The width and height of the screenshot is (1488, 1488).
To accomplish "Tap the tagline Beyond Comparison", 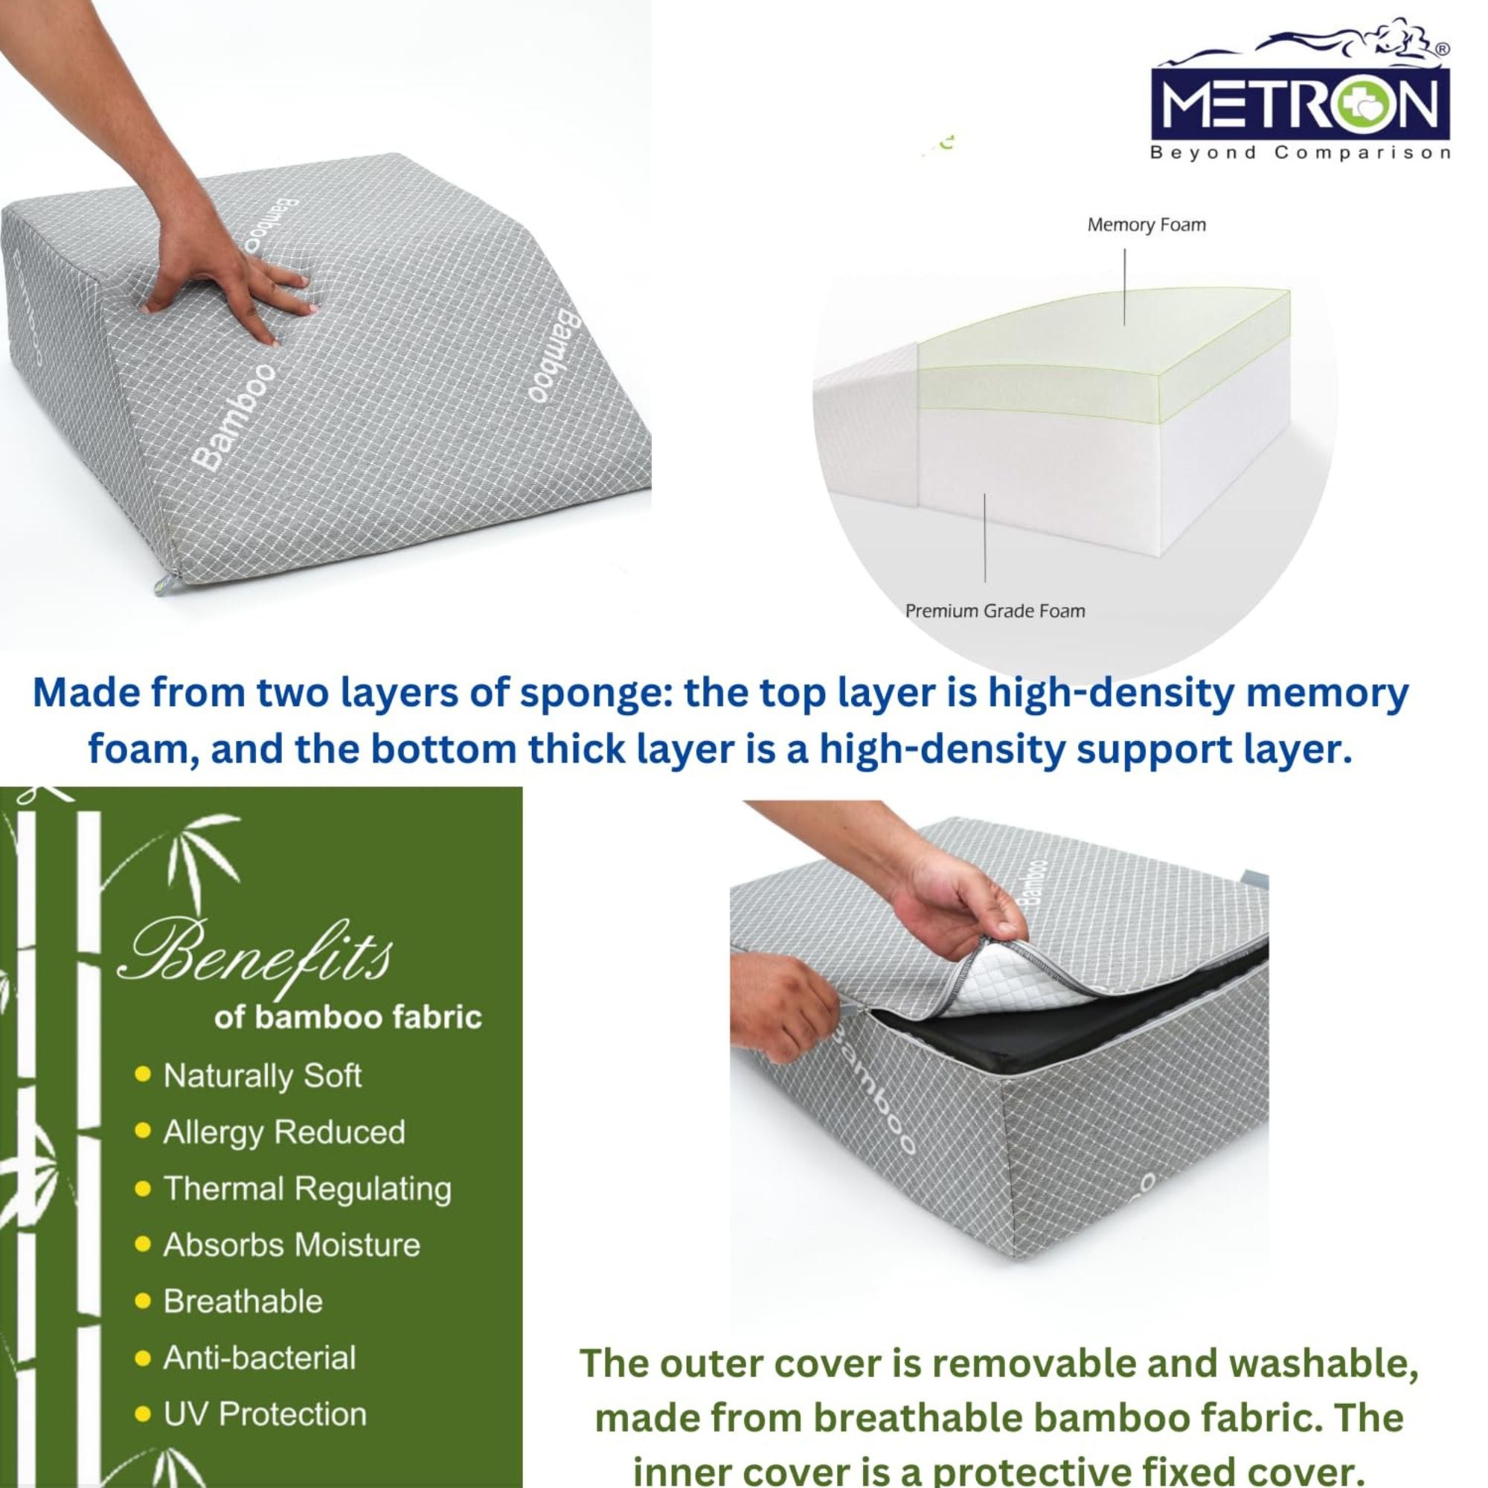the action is pyautogui.click(x=1300, y=153).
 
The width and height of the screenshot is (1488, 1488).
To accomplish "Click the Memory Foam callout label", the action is pyautogui.click(x=1146, y=225).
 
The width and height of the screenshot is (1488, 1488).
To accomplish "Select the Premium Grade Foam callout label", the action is pyautogui.click(x=995, y=611).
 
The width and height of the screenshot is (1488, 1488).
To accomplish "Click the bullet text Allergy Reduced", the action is pyautogui.click(x=284, y=1132).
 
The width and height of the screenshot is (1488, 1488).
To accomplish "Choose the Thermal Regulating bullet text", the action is pyautogui.click(x=307, y=1188).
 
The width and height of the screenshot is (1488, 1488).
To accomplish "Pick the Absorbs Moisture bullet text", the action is pyautogui.click(x=291, y=1245).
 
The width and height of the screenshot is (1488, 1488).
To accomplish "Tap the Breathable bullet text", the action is pyautogui.click(x=243, y=1301).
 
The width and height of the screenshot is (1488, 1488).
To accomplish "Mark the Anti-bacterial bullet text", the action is pyautogui.click(x=260, y=1357).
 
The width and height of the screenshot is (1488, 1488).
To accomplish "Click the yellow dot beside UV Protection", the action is pyautogui.click(x=143, y=1414).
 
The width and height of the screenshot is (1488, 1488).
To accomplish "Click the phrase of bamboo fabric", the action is pyautogui.click(x=348, y=1017).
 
